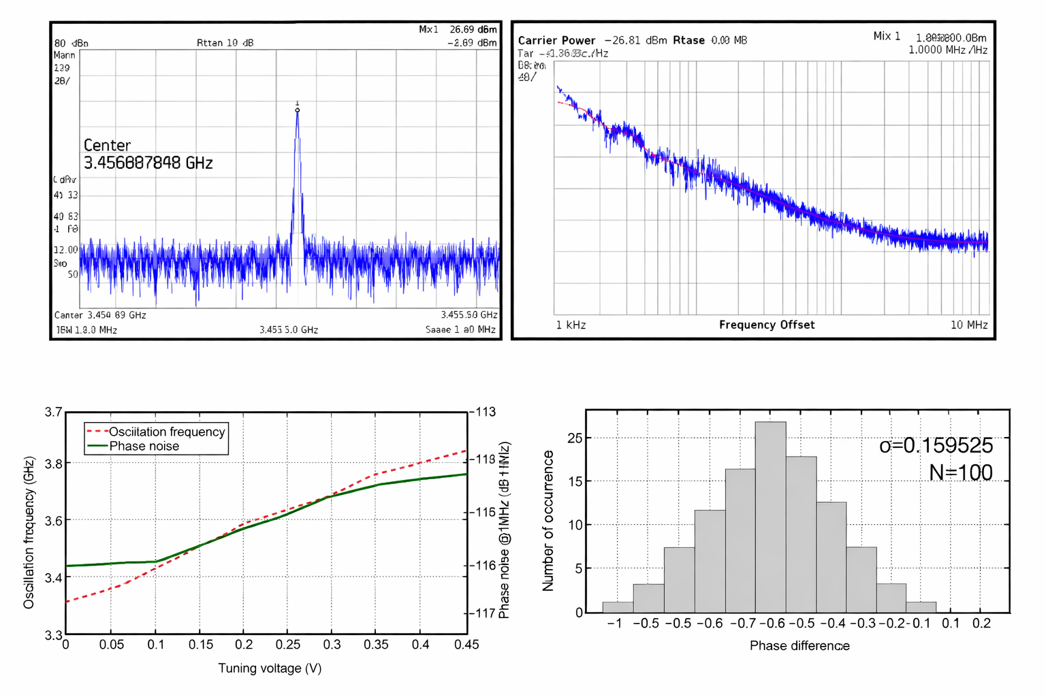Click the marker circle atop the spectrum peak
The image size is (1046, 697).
[298, 110]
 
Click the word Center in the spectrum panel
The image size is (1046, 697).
[107, 145]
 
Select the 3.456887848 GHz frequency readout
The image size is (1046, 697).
[148, 163]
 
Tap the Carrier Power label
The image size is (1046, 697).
[556, 40]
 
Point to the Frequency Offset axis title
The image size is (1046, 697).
[766, 325]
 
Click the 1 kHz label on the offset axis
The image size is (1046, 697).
[571, 325]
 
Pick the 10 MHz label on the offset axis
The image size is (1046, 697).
[968, 325]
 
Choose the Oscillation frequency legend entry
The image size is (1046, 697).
[166, 432]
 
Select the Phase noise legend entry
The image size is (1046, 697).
[144, 446]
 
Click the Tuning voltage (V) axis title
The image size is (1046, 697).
[270, 668]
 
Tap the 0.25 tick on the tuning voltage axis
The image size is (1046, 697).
[288, 644]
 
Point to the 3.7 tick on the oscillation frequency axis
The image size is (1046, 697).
[53, 412]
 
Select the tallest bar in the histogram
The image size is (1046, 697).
[770, 517]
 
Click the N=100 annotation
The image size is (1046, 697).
[960, 472]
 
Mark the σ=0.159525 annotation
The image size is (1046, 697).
[936, 445]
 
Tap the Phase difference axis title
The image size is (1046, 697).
[799, 645]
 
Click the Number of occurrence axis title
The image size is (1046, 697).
[548, 521]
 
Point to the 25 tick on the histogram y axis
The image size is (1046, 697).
[575, 438]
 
